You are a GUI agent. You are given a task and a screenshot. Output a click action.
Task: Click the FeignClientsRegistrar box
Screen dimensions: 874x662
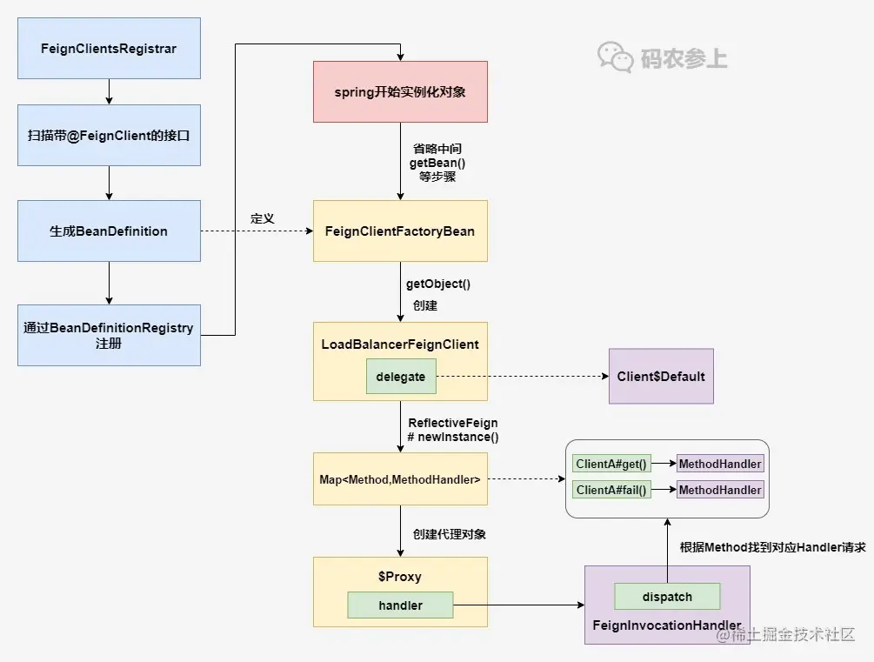pyautogui.click(x=110, y=48)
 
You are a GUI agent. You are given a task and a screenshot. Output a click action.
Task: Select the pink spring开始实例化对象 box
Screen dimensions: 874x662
pyautogui.click(x=400, y=92)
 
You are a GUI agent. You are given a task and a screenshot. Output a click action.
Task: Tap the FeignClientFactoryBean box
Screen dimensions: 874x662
pyautogui.click(x=400, y=231)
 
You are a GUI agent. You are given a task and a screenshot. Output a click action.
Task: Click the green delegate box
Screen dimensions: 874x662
pyautogui.click(x=401, y=377)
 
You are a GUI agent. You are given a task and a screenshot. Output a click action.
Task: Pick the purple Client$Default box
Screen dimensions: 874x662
pyautogui.click(x=661, y=377)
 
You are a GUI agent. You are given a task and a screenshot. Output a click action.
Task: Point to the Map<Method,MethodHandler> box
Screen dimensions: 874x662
pyautogui.click(x=400, y=479)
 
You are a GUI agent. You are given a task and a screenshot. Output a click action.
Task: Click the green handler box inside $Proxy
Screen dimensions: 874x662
pyautogui.click(x=400, y=605)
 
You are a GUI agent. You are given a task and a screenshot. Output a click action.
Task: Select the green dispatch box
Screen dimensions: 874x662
pyautogui.click(x=667, y=597)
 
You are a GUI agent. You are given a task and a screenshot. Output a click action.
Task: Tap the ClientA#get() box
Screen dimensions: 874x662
pyautogui.click(x=611, y=464)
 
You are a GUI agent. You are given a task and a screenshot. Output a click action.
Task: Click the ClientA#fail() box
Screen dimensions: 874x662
pyautogui.click(x=611, y=491)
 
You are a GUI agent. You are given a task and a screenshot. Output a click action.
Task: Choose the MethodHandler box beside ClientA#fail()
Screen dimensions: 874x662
pyautogui.click(x=720, y=491)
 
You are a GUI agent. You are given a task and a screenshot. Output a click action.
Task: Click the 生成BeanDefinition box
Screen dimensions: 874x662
pyautogui.click(x=110, y=231)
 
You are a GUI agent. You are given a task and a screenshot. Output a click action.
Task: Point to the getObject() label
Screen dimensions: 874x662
pyautogui.click(x=438, y=284)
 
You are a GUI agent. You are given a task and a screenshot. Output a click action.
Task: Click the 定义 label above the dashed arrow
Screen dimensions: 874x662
pyautogui.click(x=263, y=218)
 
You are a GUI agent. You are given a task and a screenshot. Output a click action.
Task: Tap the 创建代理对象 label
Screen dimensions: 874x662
pyautogui.click(x=450, y=534)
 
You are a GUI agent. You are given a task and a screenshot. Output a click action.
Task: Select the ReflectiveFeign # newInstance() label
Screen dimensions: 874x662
pyautogui.click(x=453, y=430)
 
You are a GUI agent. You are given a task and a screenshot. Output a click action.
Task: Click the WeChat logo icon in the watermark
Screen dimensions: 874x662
pyautogui.click(x=616, y=57)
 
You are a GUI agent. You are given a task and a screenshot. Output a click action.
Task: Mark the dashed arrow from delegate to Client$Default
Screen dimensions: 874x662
pyautogui.click(x=523, y=377)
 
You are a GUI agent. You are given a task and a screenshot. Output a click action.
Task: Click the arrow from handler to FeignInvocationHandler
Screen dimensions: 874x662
pyautogui.click(x=519, y=605)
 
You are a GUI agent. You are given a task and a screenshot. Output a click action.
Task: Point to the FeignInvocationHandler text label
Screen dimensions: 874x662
pyautogui.click(x=667, y=625)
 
